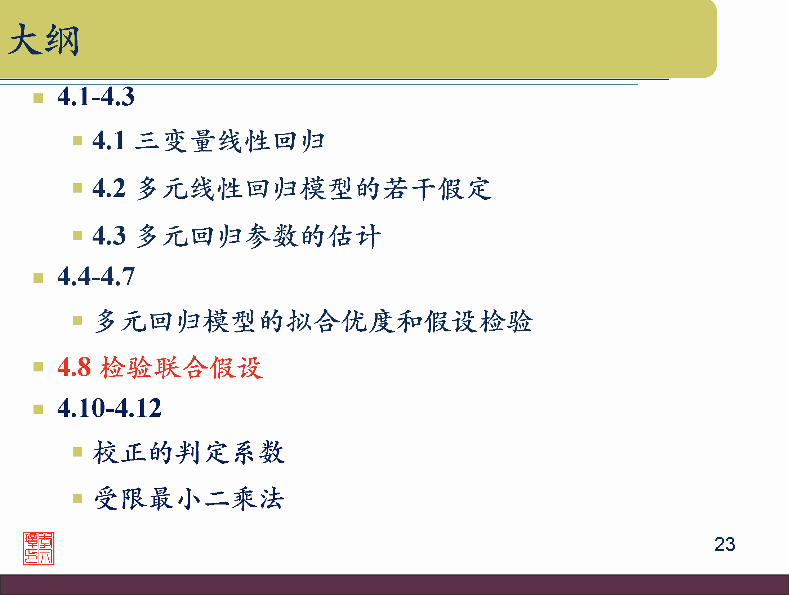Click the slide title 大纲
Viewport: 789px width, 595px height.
point(43,40)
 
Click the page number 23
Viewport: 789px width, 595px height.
point(725,544)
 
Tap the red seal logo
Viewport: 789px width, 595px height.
point(39,548)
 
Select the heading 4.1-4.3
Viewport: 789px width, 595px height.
point(96,97)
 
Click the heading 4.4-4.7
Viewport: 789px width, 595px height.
point(96,277)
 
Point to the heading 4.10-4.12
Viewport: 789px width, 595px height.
point(110,408)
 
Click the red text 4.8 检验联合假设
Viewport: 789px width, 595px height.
point(160,367)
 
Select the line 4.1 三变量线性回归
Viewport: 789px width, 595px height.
point(208,141)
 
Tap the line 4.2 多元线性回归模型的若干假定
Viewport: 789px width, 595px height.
point(292,188)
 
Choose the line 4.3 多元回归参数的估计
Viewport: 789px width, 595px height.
point(236,236)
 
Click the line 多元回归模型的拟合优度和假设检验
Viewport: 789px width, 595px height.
point(313,321)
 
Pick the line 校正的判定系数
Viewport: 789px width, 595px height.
point(189,452)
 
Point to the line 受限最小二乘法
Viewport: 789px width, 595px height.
point(189,499)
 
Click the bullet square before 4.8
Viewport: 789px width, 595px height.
point(38,367)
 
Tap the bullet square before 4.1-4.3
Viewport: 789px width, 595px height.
point(38,98)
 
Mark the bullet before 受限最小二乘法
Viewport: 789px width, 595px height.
point(77,498)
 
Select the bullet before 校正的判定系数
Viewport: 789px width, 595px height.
point(77,452)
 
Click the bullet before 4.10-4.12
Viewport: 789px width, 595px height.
point(38,409)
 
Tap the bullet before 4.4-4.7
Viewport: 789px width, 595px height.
point(38,278)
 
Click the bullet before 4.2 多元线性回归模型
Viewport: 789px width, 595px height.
point(77,188)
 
